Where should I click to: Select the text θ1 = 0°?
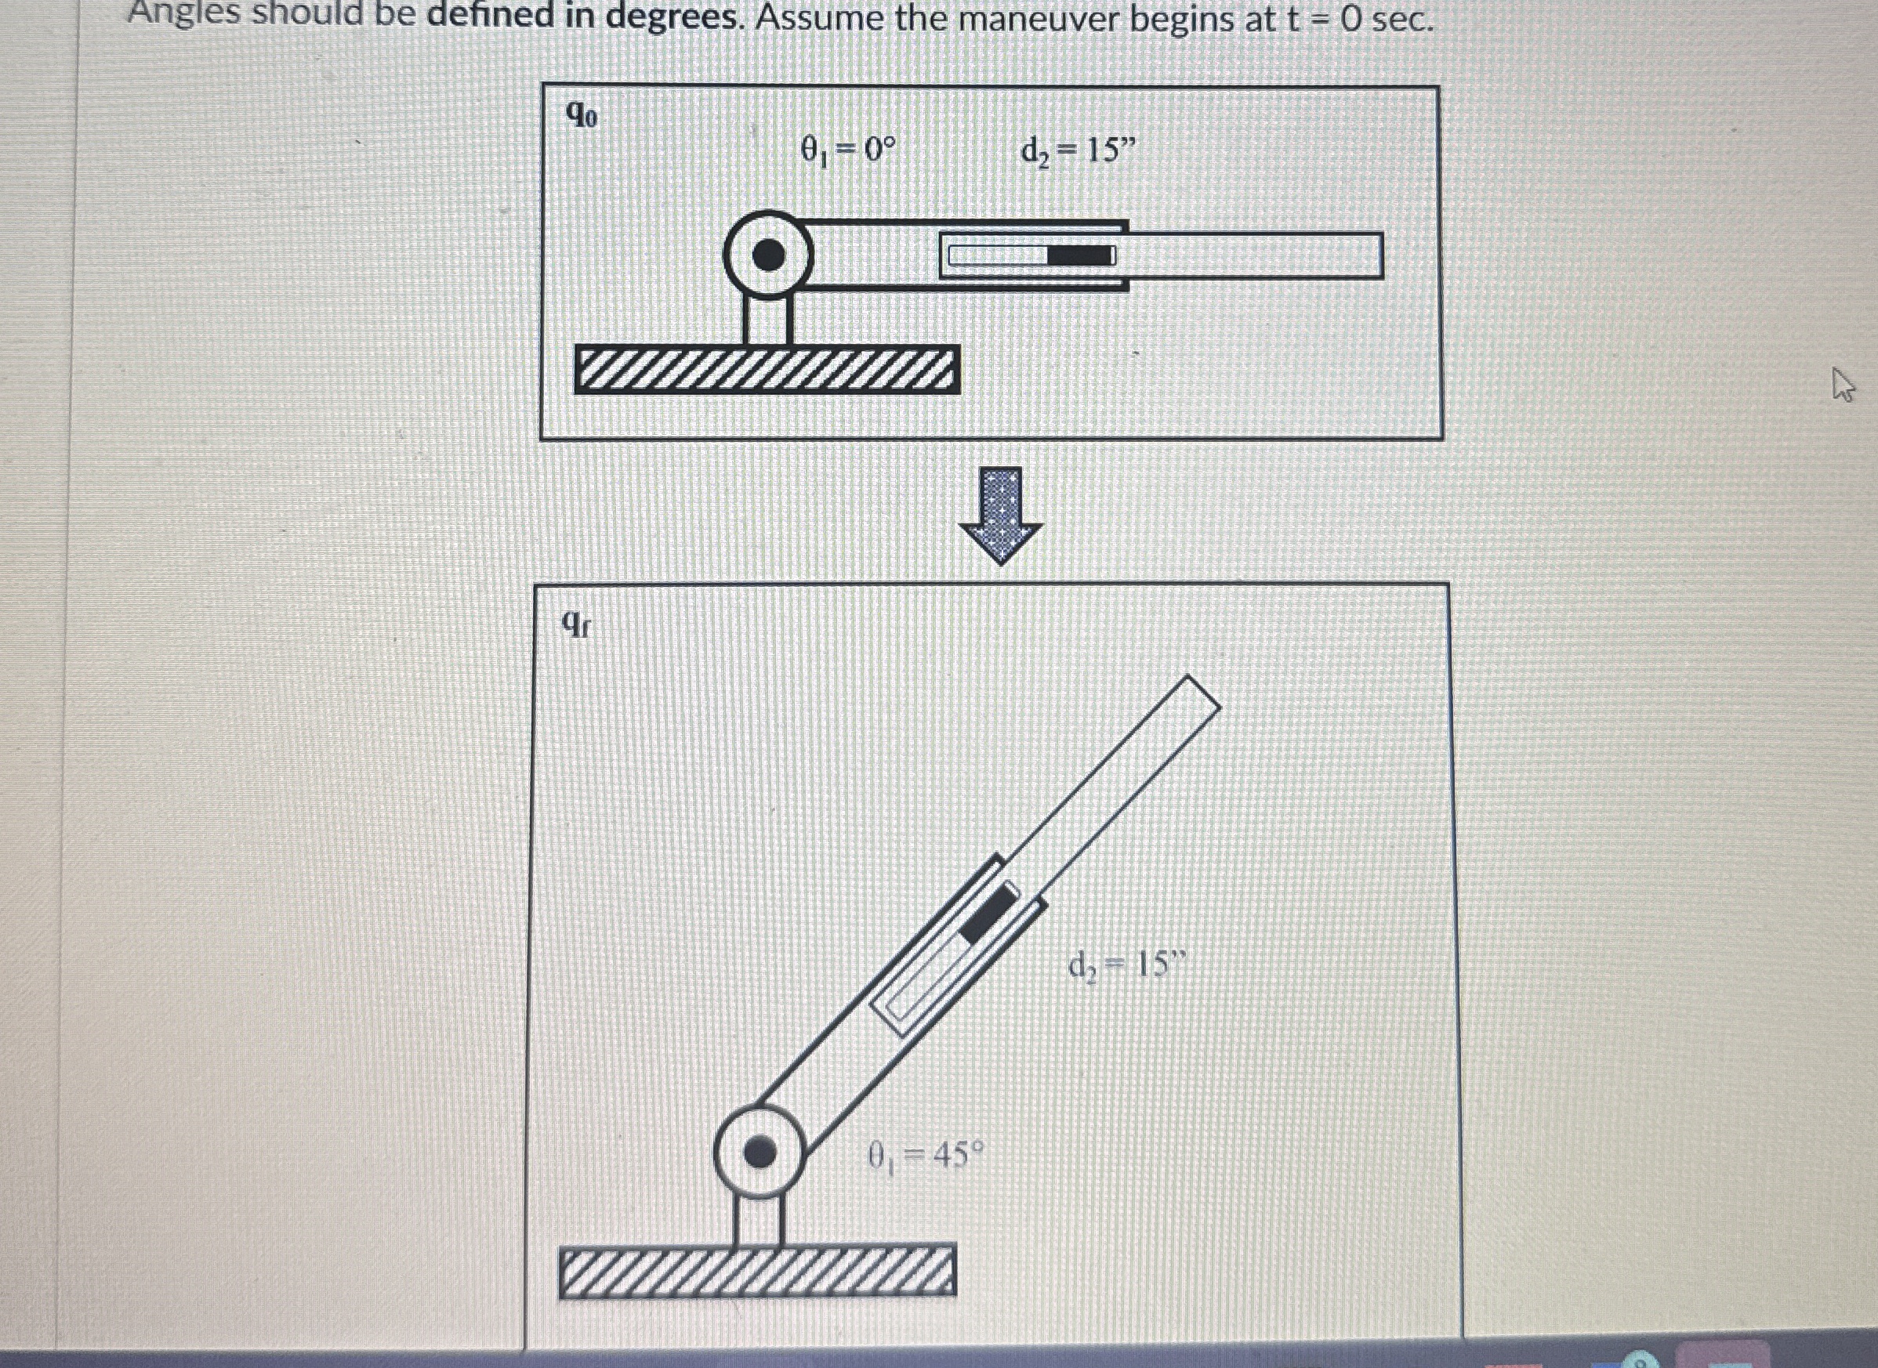[847, 150]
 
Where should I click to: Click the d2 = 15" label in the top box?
[1078, 150]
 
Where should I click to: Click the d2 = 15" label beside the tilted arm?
[1126, 964]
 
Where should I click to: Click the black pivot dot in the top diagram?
[769, 255]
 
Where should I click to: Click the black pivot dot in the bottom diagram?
[760, 1152]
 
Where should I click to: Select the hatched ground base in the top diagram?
[767, 369]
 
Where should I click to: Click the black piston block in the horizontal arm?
[1080, 256]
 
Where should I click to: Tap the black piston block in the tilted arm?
[988, 913]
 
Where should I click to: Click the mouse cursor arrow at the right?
[1840, 384]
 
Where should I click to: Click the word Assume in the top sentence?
[819, 18]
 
